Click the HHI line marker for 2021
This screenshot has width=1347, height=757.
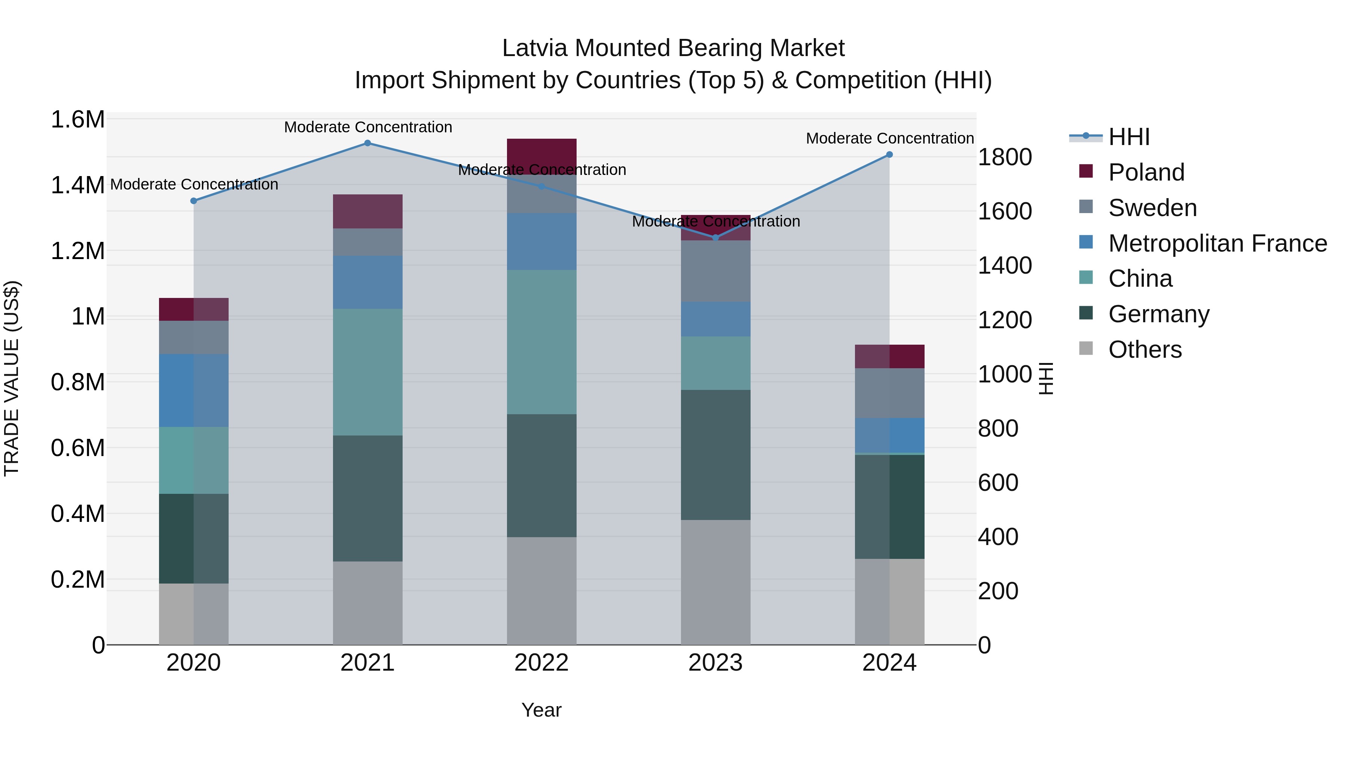pos(367,143)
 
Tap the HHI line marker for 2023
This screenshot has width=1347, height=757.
pos(715,238)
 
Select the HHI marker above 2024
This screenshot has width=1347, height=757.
pos(889,155)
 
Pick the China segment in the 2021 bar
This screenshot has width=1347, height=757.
pos(367,372)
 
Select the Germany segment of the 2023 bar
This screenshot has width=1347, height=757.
pos(715,455)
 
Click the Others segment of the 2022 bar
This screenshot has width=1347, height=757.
pos(542,590)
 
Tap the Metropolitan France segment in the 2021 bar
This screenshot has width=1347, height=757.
pos(367,282)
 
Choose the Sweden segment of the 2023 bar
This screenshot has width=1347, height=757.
pos(715,271)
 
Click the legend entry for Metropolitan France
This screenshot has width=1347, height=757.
pos(1217,243)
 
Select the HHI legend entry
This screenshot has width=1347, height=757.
pos(1128,137)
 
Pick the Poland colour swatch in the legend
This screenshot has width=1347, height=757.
pos(1086,171)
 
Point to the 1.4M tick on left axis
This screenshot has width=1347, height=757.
pos(77,185)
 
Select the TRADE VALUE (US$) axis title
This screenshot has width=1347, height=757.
pos(12,378)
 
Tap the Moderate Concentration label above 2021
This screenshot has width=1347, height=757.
pos(367,127)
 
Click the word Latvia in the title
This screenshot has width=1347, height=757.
pos(534,48)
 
